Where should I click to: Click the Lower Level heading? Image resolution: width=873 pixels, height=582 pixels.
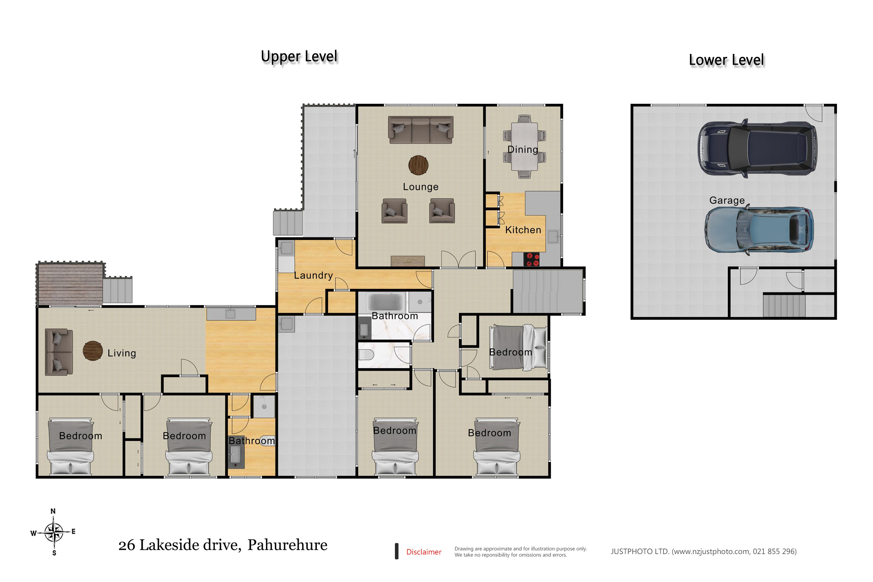pyautogui.click(x=726, y=60)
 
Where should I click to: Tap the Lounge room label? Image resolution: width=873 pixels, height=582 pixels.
pyautogui.click(x=421, y=187)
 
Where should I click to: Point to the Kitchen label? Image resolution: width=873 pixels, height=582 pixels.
pyautogui.click(x=523, y=230)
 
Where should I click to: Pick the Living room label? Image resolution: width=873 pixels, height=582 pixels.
pyautogui.click(x=122, y=353)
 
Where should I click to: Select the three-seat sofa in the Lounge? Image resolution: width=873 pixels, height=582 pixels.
pyautogui.click(x=421, y=130)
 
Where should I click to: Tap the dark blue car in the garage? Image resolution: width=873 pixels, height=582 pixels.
pyautogui.click(x=757, y=148)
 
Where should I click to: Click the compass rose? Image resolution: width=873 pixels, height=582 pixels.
pyautogui.click(x=54, y=532)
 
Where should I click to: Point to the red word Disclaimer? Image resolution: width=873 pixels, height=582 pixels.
pyautogui.click(x=424, y=552)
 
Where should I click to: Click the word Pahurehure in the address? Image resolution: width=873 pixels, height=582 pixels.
pyautogui.click(x=287, y=545)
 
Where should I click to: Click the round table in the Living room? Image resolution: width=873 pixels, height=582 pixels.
pyautogui.click(x=93, y=351)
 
